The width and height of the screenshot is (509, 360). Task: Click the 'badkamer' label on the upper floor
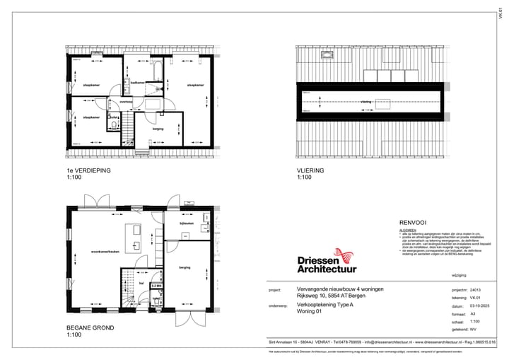pos(138,83)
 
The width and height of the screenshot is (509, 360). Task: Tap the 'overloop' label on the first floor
pos(127,102)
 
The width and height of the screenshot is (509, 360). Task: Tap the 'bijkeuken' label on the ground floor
pos(186,223)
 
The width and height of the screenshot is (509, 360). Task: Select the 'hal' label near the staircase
pos(141,281)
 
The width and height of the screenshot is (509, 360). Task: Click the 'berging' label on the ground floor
pos(185,267)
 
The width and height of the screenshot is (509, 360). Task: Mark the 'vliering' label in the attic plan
pos(365,102)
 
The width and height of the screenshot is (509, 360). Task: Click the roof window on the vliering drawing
pos(327,54)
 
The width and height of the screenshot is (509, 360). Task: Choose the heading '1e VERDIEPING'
pos(88,171)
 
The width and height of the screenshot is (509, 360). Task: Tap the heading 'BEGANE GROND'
pos(90,328)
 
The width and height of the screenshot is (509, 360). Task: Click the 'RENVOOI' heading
pos(412,221)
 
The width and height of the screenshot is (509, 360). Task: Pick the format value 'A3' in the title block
pos(472,313)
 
